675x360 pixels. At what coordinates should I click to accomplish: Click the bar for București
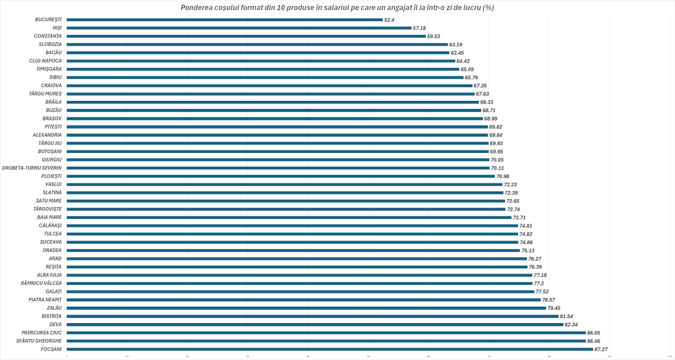coord(224,20)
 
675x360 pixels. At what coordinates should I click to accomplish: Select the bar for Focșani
coord(330,349)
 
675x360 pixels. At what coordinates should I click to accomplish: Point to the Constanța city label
coord(48,36)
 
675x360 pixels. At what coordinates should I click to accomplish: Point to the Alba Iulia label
coord(47,275)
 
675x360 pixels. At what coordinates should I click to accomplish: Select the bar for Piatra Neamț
coord(303,299)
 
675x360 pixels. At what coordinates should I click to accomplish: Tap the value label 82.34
coord(573,324)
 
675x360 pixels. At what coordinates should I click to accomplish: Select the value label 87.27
coord(602,349)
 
